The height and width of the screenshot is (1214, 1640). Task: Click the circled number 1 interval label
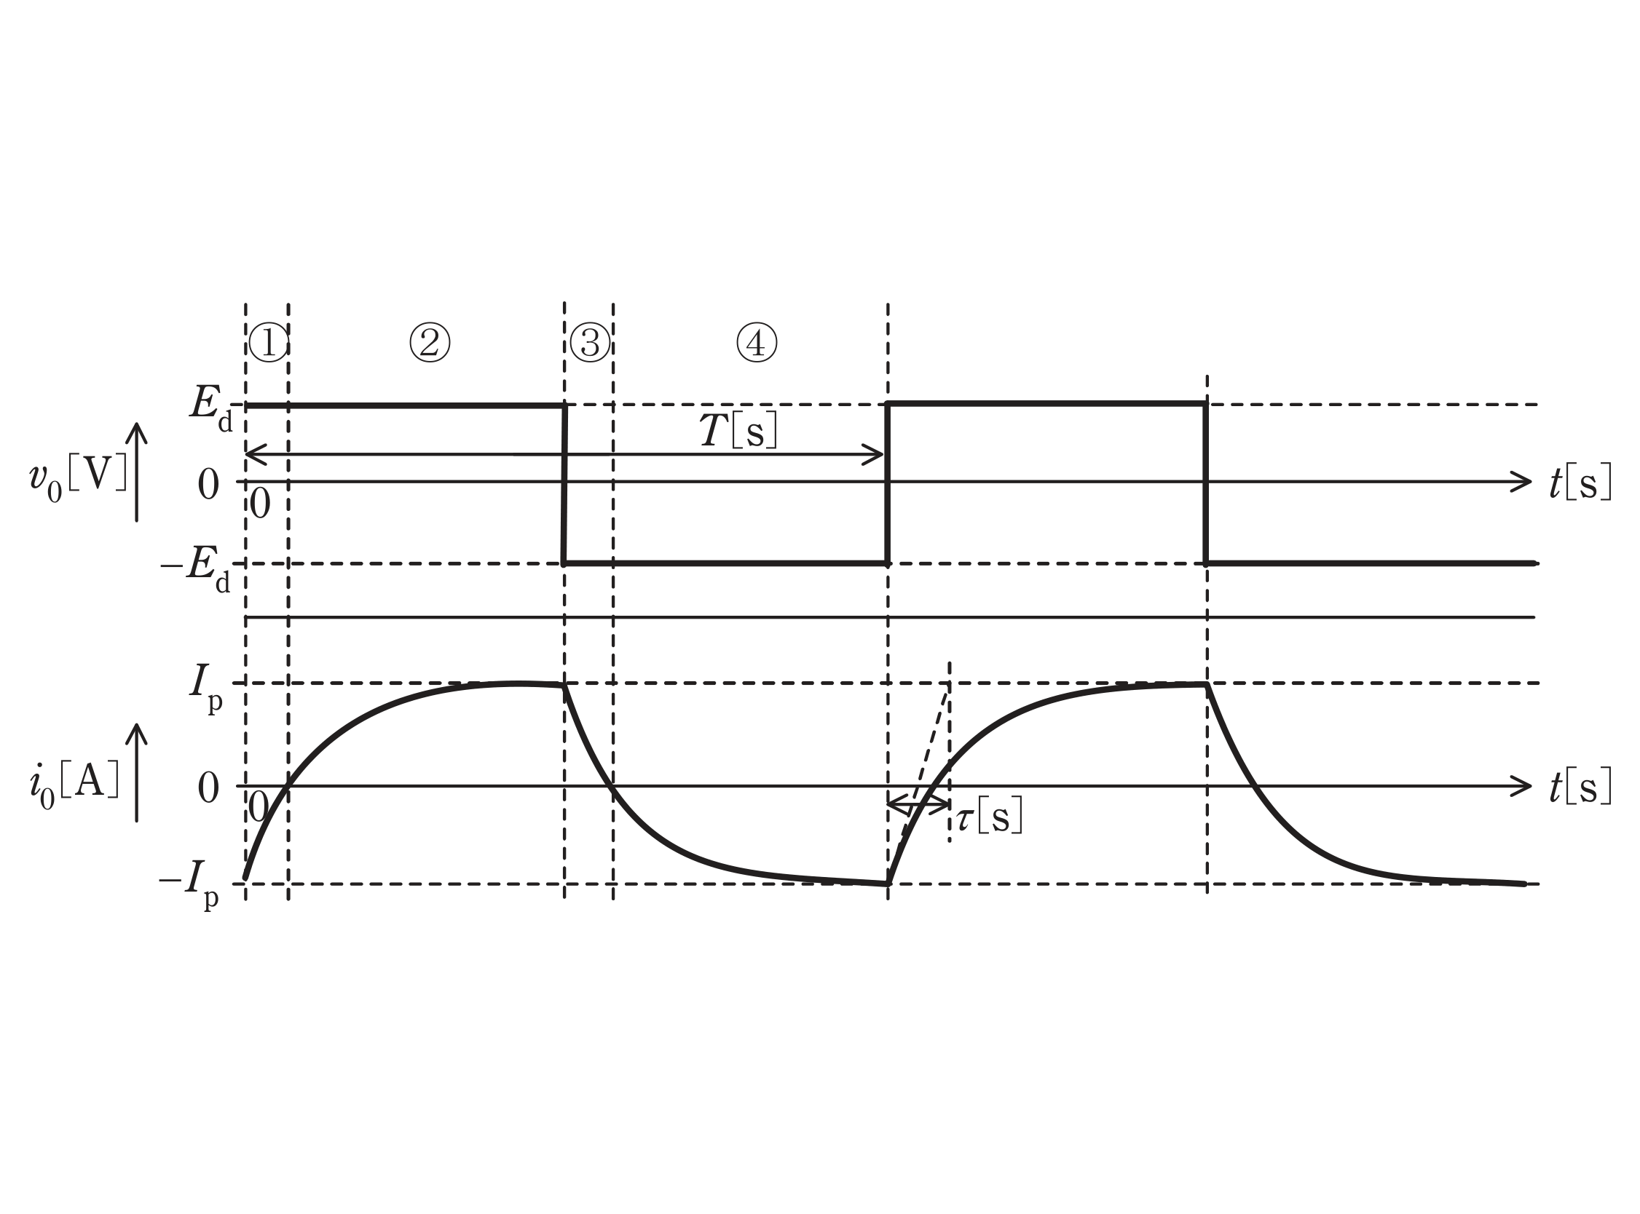click(268, 344)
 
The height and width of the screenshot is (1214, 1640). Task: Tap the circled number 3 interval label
click(590, 344)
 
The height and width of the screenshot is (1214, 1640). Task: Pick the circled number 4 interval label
click(757, 344)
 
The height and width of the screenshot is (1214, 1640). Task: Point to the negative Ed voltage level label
click(194, 570)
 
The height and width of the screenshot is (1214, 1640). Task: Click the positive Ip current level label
click(205, 689)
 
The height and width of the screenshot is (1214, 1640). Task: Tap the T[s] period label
click(737, 431)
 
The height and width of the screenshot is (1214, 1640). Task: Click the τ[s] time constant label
click(990, 817)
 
